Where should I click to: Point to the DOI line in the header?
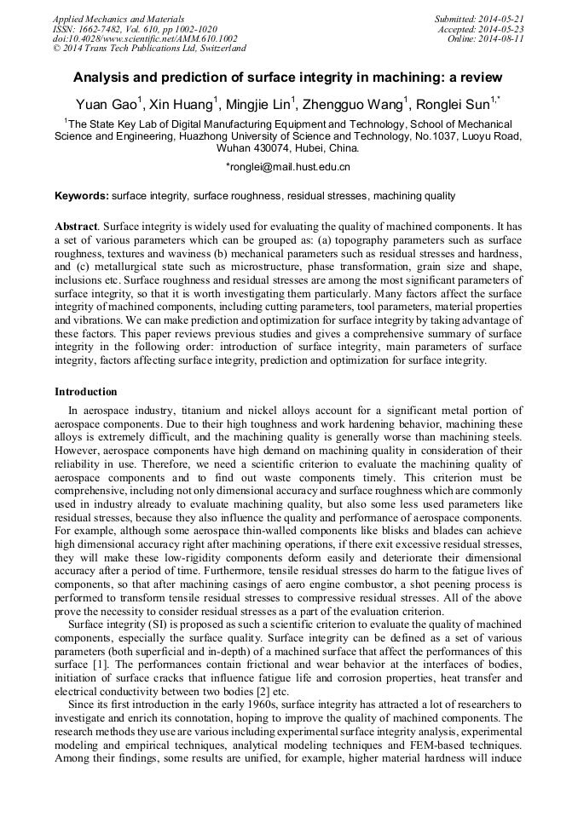144,39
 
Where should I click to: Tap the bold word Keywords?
81,196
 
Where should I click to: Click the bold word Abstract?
76,228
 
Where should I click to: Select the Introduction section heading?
86,392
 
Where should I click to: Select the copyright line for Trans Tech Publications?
149,49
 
